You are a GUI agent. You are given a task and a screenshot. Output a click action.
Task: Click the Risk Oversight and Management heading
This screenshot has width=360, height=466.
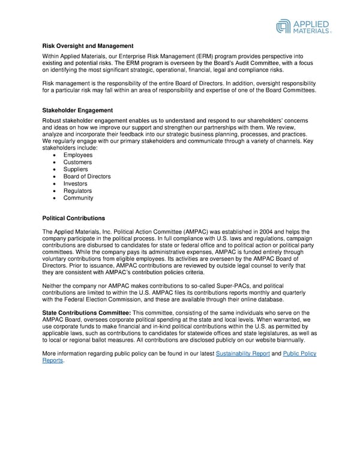pyautogui.click(x=88, y=46)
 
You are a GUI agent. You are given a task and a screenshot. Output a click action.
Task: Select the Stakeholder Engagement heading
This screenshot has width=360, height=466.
pyautogui.click(x=77, y=110)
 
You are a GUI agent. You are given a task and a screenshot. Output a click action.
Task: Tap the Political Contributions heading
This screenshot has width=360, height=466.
pyautogui.click(x=74, y=218)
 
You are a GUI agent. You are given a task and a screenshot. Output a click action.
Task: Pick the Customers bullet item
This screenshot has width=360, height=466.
pyautogui.click(x=77, y=162)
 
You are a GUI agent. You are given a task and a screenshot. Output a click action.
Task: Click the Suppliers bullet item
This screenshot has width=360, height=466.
pyautogui.click(x=76, y=169)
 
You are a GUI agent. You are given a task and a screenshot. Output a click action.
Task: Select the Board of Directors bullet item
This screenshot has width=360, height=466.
pyautogui.click(x=87, y=177)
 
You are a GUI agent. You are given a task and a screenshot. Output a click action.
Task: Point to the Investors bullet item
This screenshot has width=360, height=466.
pyautogui.click(x=76, y=184)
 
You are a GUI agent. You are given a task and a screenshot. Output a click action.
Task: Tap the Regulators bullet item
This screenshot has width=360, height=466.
pyautogui.click(x=78, y=191)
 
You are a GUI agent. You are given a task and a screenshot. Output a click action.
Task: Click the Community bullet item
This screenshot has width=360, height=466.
pyautogui.click(x=78, y=198)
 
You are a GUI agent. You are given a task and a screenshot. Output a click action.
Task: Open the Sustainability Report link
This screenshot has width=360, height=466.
pyautogui.click(x=242, y=354)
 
